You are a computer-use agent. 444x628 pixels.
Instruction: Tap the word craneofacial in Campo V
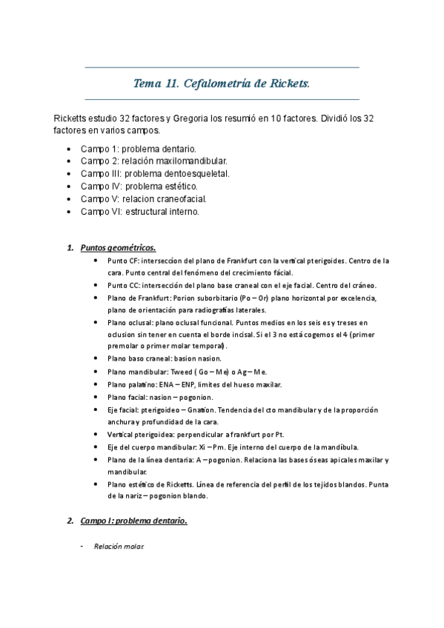pos(179,198)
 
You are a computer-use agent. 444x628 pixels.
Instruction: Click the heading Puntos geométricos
pos(118,247)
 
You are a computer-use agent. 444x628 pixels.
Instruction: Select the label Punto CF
pos(122,261)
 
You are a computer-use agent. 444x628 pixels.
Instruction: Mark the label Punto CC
pos(122,285)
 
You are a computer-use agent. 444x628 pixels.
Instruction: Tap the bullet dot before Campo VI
pos(69,212)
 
